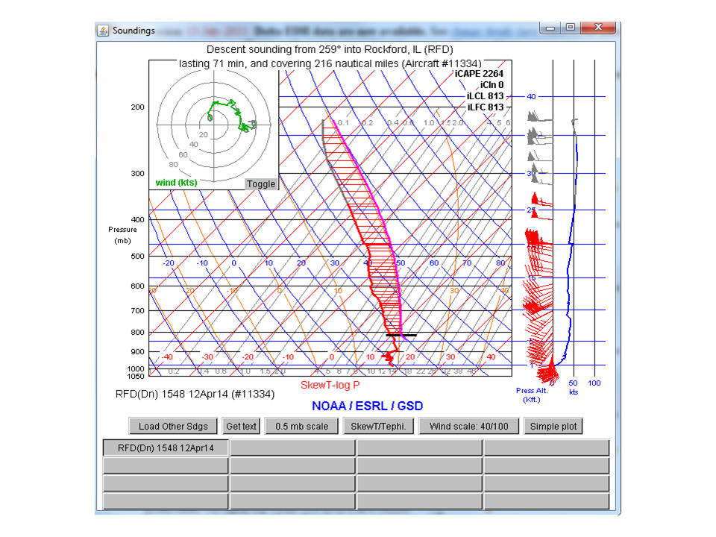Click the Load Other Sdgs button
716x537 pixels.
(x=173, y=427)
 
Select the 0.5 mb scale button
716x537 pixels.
(x=301, y=427)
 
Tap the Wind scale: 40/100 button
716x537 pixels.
(x=468, y=427)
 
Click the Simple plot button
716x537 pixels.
(x=553, y=427)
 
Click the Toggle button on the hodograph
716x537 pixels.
(x=261, y=184)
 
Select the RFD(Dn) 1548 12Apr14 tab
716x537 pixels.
(x=166, y=448)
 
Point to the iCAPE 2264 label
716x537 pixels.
(x=479, y=74)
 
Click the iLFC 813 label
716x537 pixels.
(x=485, y=107)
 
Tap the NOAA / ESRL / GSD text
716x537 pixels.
(x=367, y=406)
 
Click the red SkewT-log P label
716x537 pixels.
(x=330, y=385)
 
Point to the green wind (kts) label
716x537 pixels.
(x=176, y=183)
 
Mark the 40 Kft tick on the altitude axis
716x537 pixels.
(x=531, y=96)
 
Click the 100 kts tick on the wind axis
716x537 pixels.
(x=594, y=383)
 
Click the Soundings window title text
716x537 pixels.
(x=134, y=31)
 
